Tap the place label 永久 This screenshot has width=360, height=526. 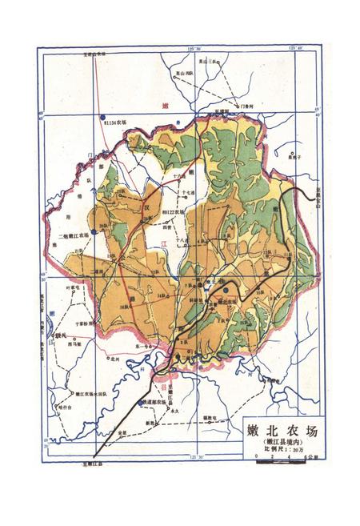(x=171, y=408)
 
